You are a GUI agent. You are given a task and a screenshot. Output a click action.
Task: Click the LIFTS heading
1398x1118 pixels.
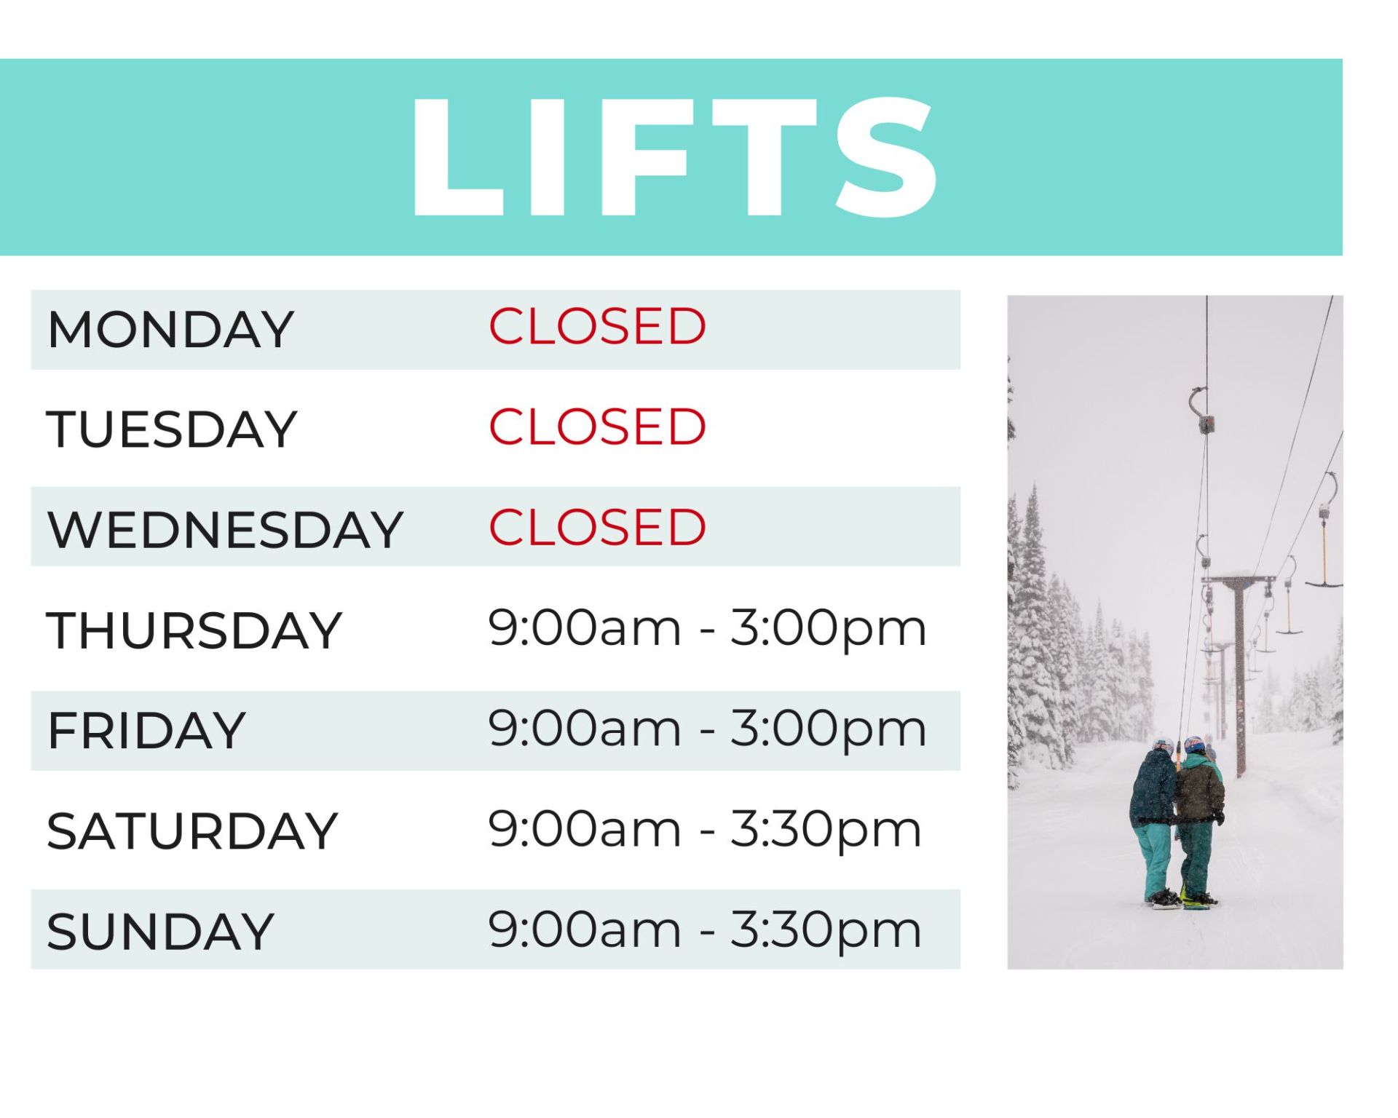coord(674,156)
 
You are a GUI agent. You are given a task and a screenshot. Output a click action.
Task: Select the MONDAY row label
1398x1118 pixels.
coord(171,330)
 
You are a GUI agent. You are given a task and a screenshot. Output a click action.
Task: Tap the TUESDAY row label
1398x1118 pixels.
coord(172,429)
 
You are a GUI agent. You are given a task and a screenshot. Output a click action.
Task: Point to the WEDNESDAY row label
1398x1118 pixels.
coord(225,529)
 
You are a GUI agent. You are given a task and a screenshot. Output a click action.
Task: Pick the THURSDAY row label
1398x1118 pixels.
coord(194,630)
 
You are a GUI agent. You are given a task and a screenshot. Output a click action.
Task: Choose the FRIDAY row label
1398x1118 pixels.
coord(146,730)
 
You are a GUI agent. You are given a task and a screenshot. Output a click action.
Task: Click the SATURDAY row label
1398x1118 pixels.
coord(193,830)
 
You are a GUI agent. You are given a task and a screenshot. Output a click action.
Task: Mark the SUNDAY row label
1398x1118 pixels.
coord(160,931)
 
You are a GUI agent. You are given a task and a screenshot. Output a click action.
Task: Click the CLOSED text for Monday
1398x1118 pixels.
coord(597,326)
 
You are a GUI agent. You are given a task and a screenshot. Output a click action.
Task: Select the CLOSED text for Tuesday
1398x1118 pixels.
coord(597,427)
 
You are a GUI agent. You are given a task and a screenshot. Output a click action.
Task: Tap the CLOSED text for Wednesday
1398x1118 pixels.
coord(597,527)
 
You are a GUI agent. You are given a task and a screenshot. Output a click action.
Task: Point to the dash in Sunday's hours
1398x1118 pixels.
coord(706,932)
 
